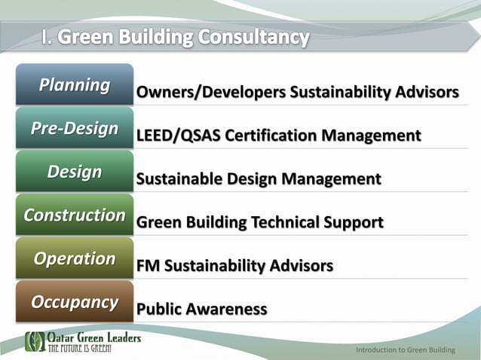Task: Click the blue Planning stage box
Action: click(74, 84)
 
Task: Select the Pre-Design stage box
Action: click(74, 128)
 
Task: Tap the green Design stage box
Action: click(74, 172)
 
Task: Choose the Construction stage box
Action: click(74, 215)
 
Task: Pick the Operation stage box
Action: click(74, 258)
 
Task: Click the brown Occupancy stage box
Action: click(74, 302)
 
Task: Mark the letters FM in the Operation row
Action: click(148, 267)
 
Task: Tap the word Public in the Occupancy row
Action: click(161, 310)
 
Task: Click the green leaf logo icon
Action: click(35, 341)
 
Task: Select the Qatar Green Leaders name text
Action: click(94, 338)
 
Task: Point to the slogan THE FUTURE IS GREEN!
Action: click(81, 349)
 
